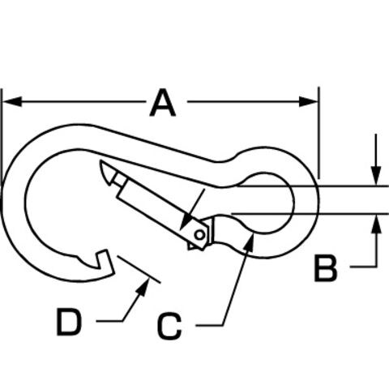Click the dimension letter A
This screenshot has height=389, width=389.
coord(163,103)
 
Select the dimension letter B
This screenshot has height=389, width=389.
coord(326,269)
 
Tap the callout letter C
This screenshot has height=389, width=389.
coord(169,326)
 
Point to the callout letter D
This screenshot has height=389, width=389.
coord(69,323)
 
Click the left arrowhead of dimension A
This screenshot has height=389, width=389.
coord(12,101)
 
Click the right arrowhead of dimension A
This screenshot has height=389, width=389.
coord(309,101)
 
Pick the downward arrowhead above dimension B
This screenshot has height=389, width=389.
coord(376,176)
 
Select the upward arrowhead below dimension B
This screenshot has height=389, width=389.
coord(376,224)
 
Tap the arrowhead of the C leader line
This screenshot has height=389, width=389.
coord(250,242)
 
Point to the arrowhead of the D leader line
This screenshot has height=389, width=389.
coord(143,287)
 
